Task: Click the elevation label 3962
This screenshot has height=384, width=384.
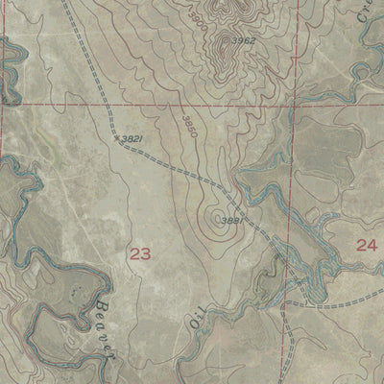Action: coord(243,40)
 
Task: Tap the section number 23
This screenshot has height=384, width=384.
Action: coord(140,253)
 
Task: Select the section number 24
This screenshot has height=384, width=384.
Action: coord(366,245)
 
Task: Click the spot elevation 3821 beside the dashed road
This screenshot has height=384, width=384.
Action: coord(132,139)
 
